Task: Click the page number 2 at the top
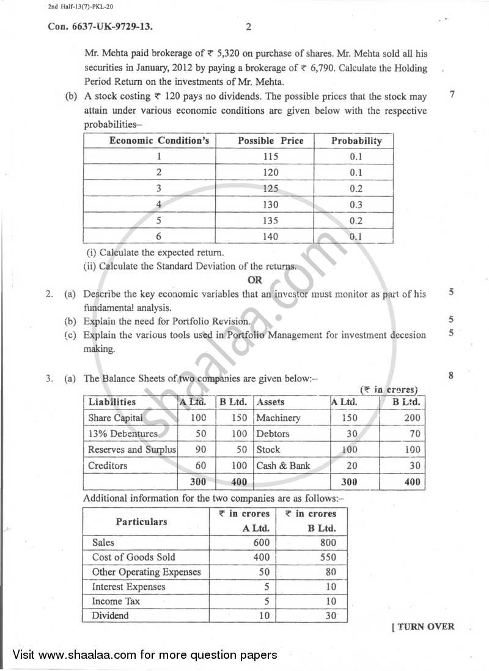click(248, 26)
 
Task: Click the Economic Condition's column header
click(159, 141)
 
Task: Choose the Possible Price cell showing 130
click(270, 205)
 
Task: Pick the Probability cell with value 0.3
click(356, 205)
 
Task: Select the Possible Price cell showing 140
click(270, 237)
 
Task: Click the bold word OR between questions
click(255, 280)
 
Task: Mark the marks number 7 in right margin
click(451, 95)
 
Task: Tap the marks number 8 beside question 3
click(451, 376)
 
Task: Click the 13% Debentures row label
click(122, 434)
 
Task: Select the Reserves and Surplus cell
click(131, 450)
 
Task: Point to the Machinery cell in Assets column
click(278, 418)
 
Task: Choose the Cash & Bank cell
click(283, 466)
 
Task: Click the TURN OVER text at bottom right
click(423, 626)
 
